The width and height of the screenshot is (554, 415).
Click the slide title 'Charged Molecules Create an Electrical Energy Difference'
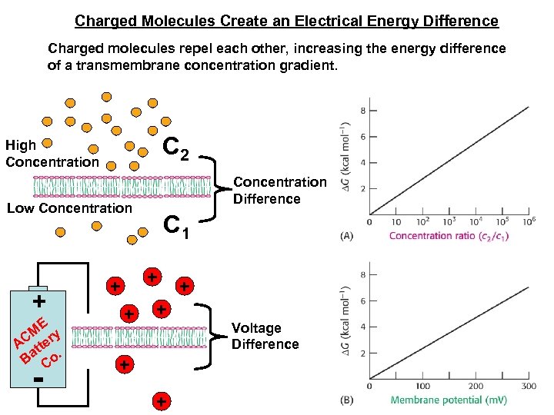(x=286, y=21)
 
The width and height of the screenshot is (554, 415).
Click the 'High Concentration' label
(x=52, y=154)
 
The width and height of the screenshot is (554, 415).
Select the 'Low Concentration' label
(x=69, y=208)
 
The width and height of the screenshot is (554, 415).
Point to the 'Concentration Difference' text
(x=279, y=191)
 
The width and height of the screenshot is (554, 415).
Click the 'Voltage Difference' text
(x=265, y=336)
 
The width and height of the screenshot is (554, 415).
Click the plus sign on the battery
(x=37, y=299)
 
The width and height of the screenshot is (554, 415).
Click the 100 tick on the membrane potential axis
(x=422, y=386)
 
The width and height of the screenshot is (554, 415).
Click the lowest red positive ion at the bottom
(x=161, y=401)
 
